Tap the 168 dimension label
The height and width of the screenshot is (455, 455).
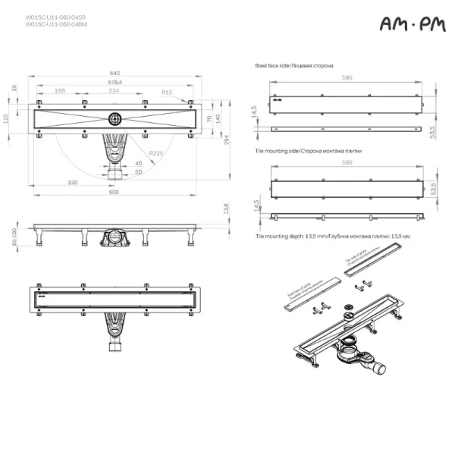(60, 91)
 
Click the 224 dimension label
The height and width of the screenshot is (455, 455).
(115, 91)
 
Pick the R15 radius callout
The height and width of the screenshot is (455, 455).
(166, 92)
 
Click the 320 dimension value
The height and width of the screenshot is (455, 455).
(72, 183)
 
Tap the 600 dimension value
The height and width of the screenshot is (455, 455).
(115, 191)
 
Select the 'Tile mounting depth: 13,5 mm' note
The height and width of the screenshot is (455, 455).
(333, 237)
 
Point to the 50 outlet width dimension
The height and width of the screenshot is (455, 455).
(138, 171)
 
